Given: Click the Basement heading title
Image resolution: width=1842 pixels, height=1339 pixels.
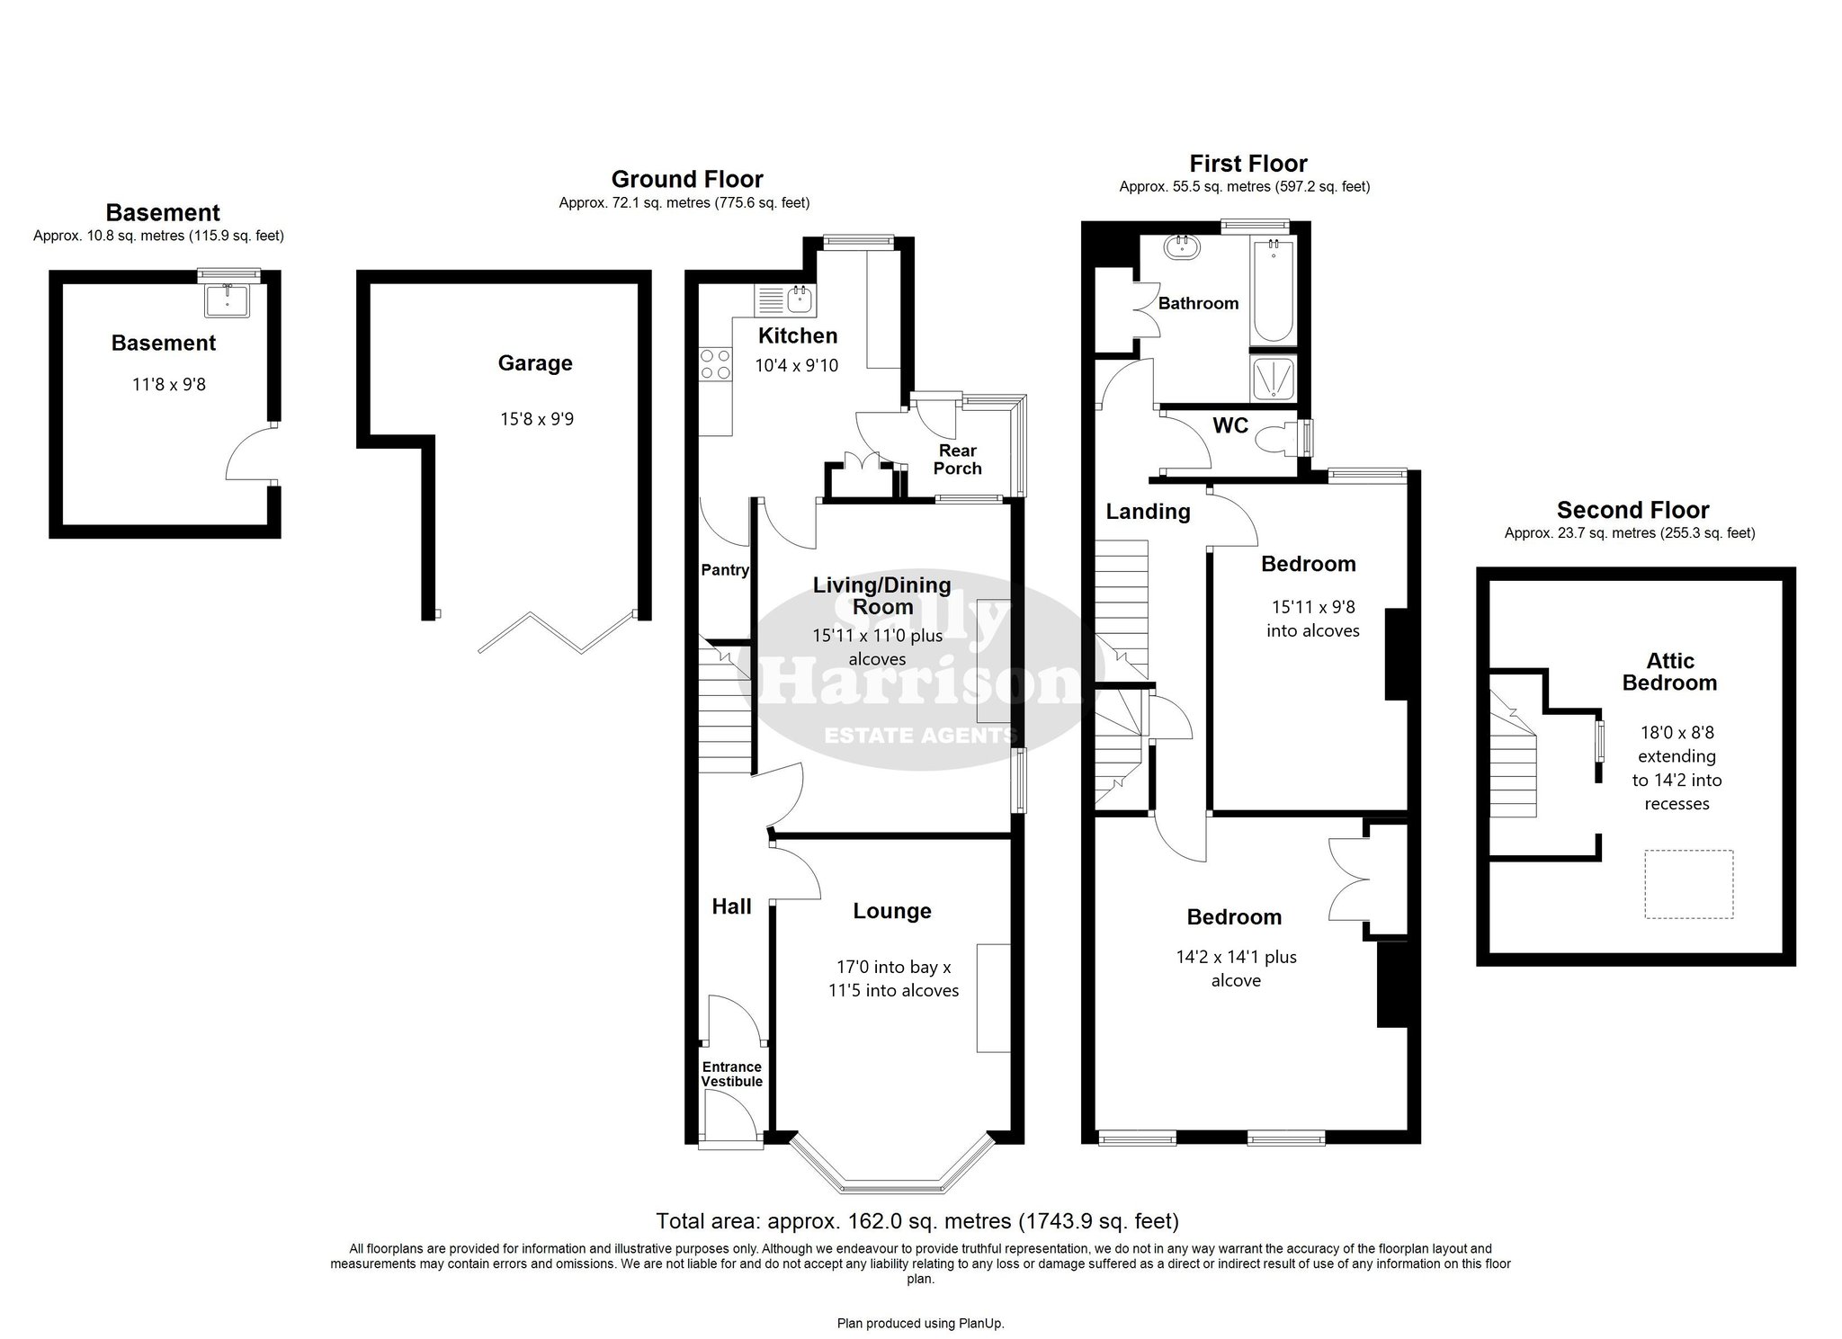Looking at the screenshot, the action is [163, 213].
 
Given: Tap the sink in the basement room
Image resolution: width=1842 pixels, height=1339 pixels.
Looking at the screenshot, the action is [229, 299].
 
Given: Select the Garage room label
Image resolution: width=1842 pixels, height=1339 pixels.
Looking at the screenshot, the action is [535, 363].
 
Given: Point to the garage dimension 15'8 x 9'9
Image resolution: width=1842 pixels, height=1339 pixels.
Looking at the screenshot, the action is [537, 419].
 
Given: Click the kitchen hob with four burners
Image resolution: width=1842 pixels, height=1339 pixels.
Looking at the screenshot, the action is [716, 363].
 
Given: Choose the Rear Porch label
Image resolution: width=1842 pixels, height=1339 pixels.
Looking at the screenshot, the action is [958, 460].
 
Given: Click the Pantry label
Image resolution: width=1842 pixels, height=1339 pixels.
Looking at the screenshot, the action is [725, 570].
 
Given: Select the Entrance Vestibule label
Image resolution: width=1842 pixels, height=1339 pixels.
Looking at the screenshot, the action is [732, 1075].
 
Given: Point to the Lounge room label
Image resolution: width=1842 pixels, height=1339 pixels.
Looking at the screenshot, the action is [892, 911].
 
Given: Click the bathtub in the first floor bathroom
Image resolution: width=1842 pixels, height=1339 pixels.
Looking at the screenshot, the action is [1272, 290].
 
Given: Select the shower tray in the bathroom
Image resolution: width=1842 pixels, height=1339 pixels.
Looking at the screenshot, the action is [1273, 378].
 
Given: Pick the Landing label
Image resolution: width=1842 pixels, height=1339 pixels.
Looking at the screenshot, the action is [1148, 513].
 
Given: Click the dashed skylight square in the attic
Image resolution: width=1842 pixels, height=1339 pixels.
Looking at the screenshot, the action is [1689, 884].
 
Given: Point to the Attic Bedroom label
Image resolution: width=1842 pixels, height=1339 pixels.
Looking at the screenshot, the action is [1670, 672].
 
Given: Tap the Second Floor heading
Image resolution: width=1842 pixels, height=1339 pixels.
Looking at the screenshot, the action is [1632, 511].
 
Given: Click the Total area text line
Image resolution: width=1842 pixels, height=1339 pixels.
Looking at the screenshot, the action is [917, 1221].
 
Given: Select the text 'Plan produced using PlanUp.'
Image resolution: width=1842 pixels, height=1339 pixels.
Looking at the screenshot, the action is [921, 1324].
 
